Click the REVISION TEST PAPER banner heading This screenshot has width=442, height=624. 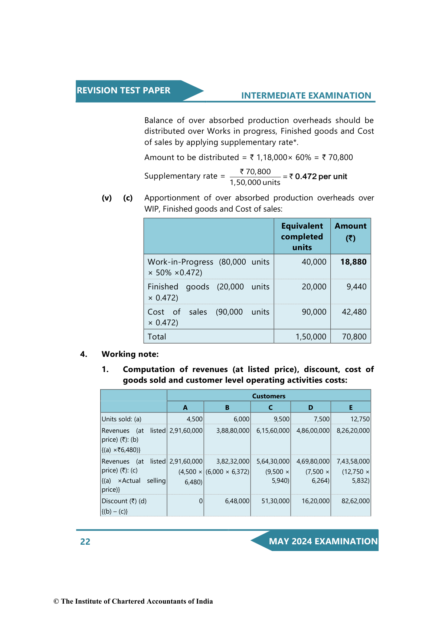(x=123, y=90)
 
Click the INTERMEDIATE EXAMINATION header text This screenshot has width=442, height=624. (x=306, y=96)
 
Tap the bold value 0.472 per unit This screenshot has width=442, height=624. (x=321, y=176)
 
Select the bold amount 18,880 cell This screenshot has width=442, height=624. (x=353, y=262)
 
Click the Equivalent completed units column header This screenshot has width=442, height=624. (x=302, y=236)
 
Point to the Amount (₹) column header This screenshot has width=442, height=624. (x=350, y=232)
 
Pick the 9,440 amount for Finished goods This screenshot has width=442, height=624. (x=356, y=287)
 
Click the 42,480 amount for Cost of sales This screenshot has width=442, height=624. (x=354, y=312)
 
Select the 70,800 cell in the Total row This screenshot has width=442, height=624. (x=354, y=337)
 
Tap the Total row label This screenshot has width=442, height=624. (x=157, y=337)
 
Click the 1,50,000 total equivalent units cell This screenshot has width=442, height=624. (x=311, y=337)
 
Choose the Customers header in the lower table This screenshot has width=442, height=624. (x=269, y=396)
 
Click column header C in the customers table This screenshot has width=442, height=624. (x=271, y=408)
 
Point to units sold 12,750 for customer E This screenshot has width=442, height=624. (x=360, y=419)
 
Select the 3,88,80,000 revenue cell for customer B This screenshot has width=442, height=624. (x=233, y=431)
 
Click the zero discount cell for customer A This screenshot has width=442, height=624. (x=201, y=501)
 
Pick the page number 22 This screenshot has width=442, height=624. (x=85, y=542)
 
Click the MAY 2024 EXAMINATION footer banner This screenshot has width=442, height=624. (x=323, y=541)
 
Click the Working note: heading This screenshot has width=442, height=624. (x=130, y=354)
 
